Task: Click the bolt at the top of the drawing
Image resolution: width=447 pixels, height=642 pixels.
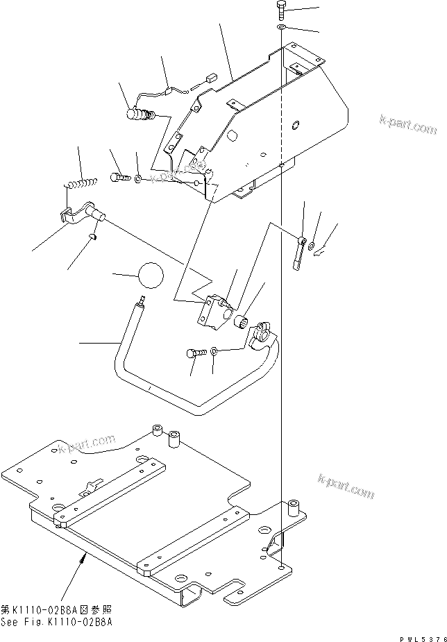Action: coord(280,10)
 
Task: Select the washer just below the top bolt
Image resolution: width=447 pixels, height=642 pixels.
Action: coord(281,26)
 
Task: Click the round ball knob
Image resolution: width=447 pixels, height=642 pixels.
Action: coord(150,276)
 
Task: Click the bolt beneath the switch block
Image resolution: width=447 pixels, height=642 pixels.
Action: coord(195,353)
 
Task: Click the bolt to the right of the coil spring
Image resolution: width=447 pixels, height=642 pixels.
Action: coord(120,178)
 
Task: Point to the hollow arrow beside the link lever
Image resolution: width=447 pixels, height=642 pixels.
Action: coord(320,255)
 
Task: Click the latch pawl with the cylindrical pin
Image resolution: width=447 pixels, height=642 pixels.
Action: coord(82,211)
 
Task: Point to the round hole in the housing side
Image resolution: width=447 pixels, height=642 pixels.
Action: coord(296,126)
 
